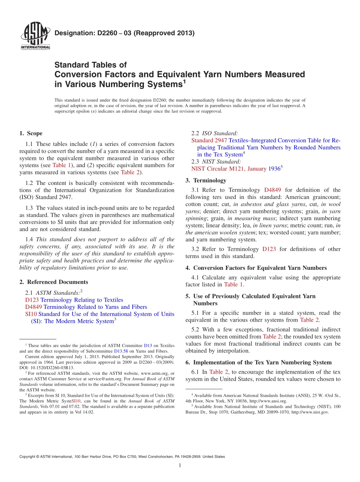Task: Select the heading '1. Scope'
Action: click(x=31, y=133)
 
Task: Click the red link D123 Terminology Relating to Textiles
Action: click(x=74, y=300)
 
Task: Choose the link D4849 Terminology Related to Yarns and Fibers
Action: click(x=86, y=307)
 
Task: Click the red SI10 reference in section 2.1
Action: click(x=31, y=314)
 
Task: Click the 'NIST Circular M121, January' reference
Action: click(x=229, y=169)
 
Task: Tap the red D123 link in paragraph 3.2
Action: click(x=269, y=249)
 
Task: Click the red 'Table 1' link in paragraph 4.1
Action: click(x=233, y=285)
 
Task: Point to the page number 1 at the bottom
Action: click(x=180, y=466)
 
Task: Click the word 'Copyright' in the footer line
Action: click(x=28, y=457)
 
